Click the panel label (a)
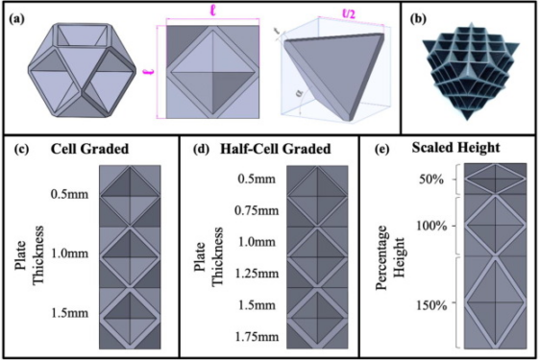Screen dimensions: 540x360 tap(17, 18)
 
